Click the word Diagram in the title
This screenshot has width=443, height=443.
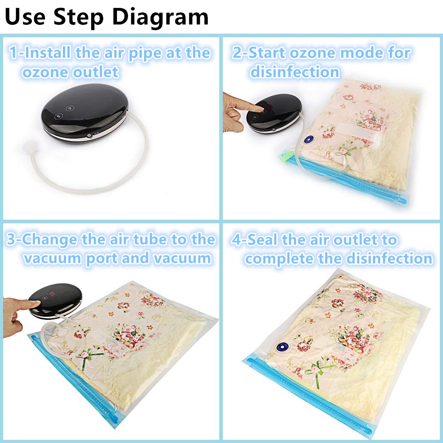point(160,18)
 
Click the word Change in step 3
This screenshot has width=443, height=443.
point(50,240)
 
